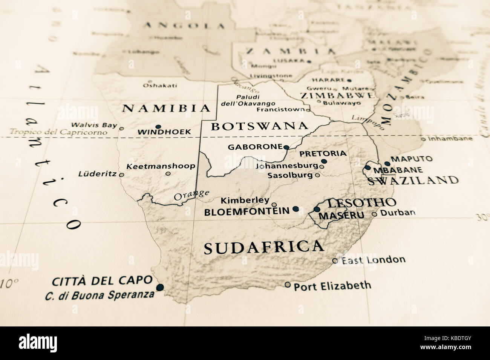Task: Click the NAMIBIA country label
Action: [166, 108]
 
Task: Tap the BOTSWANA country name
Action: [259, 126]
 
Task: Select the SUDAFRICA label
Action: [263, 247]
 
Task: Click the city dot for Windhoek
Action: [158, 127]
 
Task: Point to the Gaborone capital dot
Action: [286, 147]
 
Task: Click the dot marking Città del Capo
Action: [160, 287]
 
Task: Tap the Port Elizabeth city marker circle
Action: [288, 285]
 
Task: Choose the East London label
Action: [373, 260]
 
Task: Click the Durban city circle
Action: [374, 214]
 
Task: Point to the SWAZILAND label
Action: [413, 180]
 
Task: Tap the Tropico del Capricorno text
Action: [58, 132]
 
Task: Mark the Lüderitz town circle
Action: [121, 175]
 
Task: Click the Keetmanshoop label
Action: [161, 166]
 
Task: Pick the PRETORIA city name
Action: [322, 153]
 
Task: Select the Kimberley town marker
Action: [274, 205]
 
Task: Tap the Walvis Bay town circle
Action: [121, 129]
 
